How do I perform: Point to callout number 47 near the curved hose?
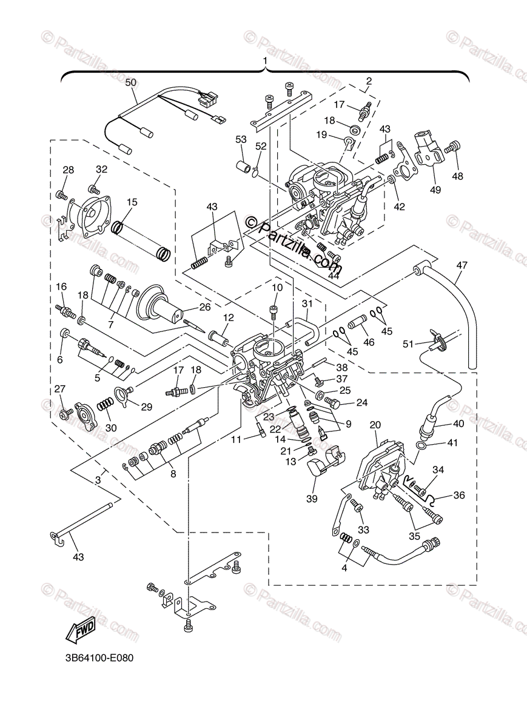[x=463, y=265]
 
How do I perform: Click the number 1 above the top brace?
[x=265, y=61]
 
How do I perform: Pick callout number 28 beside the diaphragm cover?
[x=68, y=170]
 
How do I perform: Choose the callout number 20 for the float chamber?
[x=375, y=425]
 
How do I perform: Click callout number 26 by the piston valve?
[x=204, y=307]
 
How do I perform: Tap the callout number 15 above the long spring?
[x=132, y=201]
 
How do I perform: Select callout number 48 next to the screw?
[x=457, y=177]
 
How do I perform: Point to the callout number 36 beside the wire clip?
[x=458, y=495]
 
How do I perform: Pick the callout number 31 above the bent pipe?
[x=307, y=304]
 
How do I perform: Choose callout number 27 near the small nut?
[x=59, y=388]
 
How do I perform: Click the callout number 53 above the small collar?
[x=241, y=140]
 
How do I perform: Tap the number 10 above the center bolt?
[x=277, y=287]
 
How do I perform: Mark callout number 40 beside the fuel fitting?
[x=458, y=423]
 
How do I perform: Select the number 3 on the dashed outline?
[x=98, y=480]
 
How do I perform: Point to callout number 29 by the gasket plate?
[x=146, y=407]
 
